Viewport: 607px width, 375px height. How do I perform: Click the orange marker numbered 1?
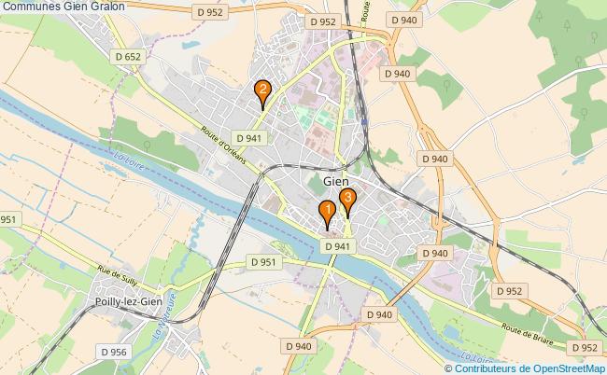[327, 213]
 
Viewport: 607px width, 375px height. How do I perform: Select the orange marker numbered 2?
[263, 91]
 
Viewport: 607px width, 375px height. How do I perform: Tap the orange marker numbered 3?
[347, 199]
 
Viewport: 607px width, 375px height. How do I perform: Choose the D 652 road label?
[128, 57]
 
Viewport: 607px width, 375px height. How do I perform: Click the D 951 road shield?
[265, 262]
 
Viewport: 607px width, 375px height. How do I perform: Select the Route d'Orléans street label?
[223, 145]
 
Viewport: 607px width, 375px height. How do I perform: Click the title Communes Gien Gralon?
[64, 7]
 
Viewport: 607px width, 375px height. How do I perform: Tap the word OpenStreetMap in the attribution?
[566, 368]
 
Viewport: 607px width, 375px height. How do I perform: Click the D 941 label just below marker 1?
[339, 245]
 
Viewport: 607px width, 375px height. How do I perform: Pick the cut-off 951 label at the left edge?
[9, 219]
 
